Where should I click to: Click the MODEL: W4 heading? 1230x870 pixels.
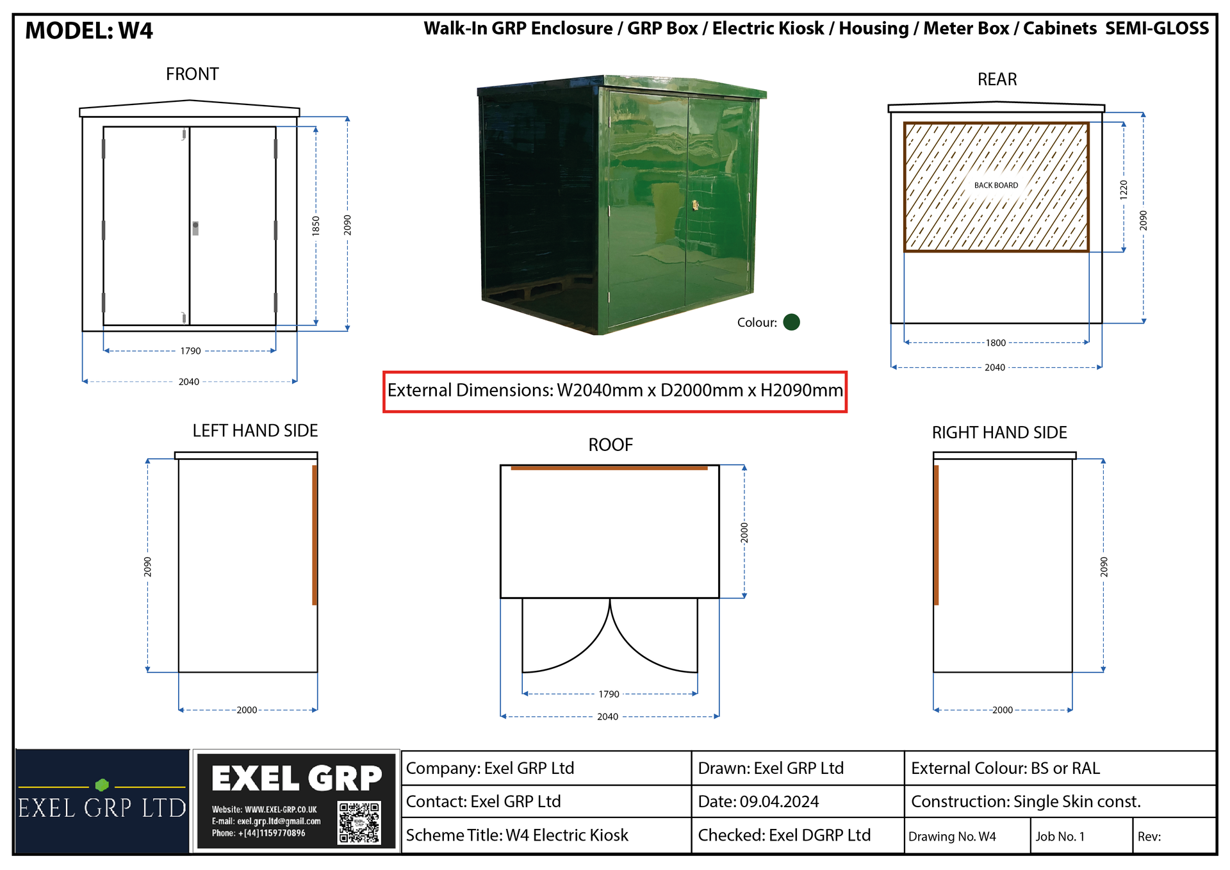pos(89,31)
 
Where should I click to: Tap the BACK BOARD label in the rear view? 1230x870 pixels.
pos(996,185)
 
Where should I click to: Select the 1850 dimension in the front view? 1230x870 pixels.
pos(316,226)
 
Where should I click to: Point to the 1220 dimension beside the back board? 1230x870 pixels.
pos(1123,190)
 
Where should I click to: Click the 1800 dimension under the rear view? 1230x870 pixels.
pos(996,343)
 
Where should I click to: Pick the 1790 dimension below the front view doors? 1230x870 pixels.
pos(190,351)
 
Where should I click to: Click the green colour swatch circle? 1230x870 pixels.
pos(791,322)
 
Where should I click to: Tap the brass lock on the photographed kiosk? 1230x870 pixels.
pos(695,205)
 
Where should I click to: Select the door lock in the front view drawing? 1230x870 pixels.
pos(195,228)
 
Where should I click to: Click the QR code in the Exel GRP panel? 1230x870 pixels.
pos(359,823)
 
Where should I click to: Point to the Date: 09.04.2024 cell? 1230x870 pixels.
pos(758,801)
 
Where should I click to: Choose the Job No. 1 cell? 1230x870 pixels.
pos(1060,836)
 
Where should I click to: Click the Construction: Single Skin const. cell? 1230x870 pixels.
pos(1026,801)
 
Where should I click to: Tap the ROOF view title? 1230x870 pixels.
pos(611,445)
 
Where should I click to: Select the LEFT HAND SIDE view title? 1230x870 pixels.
pos(255,431)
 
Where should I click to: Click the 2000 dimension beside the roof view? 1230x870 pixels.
pos(744,532)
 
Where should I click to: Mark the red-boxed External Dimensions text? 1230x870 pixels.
pos(615,390)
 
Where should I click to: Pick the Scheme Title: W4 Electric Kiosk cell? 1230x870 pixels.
pos(517,835)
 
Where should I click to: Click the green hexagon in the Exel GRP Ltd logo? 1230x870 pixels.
pos(102,785)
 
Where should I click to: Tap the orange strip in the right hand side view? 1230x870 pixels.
pos(936,535)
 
